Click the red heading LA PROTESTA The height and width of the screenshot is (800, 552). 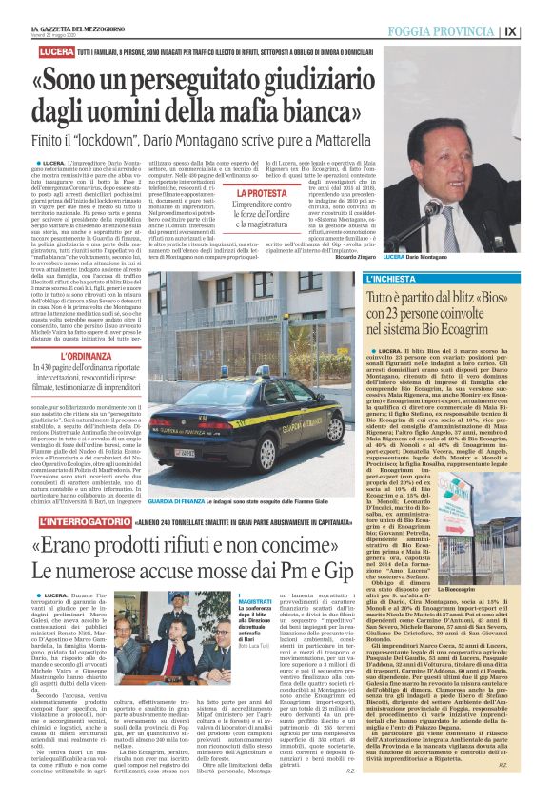(262, 192)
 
